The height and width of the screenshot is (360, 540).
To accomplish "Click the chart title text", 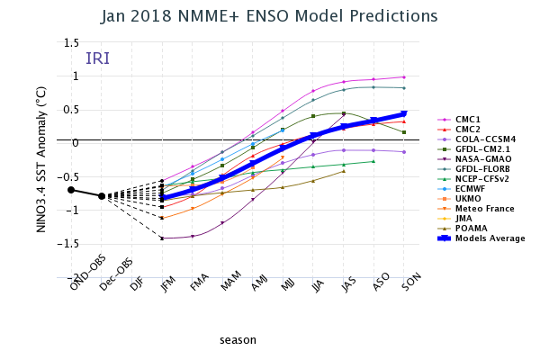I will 269,16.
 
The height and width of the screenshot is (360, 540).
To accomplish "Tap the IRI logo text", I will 97,58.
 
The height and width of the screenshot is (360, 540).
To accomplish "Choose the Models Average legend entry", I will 490,238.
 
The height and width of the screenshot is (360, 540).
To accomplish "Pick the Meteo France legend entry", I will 485,206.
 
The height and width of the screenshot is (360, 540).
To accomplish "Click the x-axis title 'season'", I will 238,340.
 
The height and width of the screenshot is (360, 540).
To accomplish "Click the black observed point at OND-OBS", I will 71,190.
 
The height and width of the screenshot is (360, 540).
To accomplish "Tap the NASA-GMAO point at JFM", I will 162,238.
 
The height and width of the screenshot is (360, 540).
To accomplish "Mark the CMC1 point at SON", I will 404,77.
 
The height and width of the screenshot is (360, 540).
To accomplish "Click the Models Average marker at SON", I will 404,114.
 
